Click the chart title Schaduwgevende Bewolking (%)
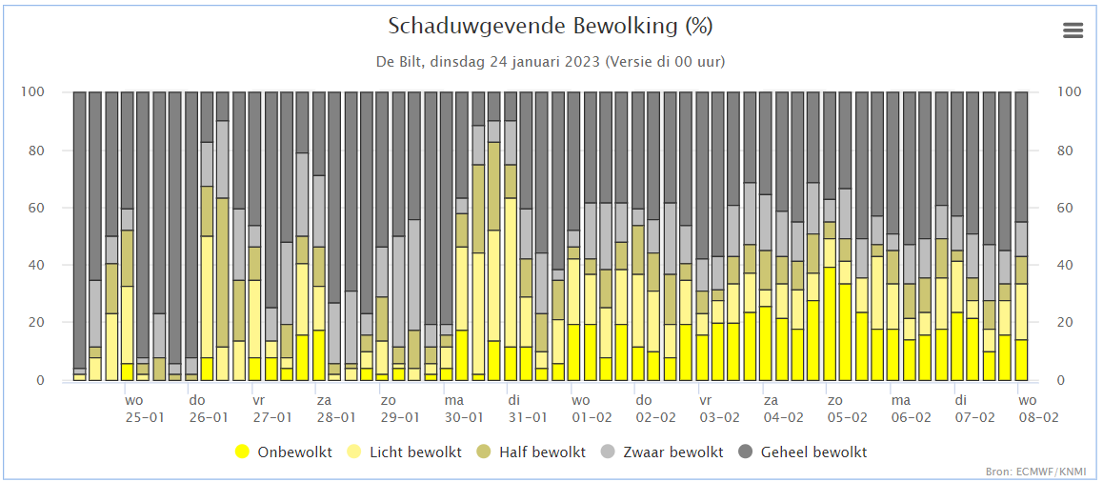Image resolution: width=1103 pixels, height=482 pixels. click(x=551, y=26)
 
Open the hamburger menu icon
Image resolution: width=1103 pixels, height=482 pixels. click(x=1073, y=30)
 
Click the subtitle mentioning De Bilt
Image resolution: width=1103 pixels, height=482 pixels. click(x=551, y=62)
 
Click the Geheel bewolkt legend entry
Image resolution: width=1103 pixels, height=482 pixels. click(x=813, y=452)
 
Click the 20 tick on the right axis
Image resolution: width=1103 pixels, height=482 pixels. click(x=1067, y=323)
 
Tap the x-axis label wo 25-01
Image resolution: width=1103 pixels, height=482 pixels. click(x=144, y=409)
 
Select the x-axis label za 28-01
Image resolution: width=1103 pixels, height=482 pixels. click(x=335, y=409)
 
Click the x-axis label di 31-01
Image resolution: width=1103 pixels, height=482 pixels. click(x=527, y=409)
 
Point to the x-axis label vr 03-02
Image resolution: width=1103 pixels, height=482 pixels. click(x=719, y=409)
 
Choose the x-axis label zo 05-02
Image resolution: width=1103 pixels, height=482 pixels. click(x=847, y=409)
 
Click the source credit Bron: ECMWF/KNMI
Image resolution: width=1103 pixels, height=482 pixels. click(x=1049, y=472)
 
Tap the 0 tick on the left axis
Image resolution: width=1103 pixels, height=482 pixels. click(x=41, y=381)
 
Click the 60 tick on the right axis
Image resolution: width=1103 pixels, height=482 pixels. click(x=1067, y=208)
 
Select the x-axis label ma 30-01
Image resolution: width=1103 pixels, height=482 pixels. click(x=463, y=409)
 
